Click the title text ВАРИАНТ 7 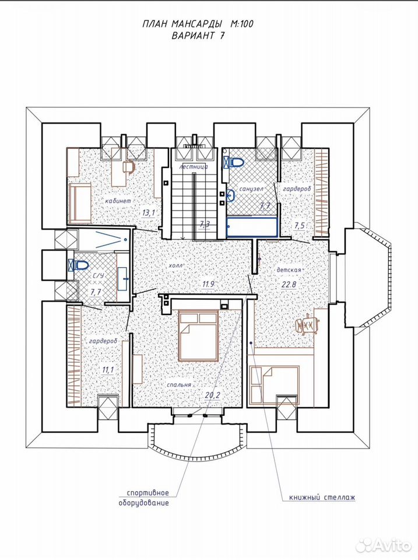point(198,36)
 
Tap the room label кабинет point(118,201)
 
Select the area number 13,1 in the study point(149,213)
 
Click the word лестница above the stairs point(194,166)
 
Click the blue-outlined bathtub point(252,226)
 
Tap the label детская point(289,270)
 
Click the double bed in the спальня point(199,335)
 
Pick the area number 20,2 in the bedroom point(213,395)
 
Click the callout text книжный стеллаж point(322,497)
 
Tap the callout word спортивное point(147,493)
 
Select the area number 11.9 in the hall point(208,285)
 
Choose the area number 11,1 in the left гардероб point(107,370)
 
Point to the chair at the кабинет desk point(128,166)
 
